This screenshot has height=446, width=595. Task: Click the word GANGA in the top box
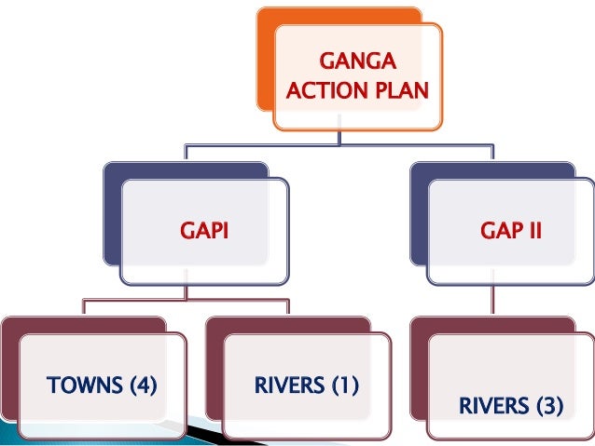(x=358, y=62)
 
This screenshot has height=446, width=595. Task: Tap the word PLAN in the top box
(x=393, y=93)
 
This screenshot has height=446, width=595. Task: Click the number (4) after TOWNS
(x=138, y=385)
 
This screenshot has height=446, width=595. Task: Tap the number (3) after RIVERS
(x=546, y=406)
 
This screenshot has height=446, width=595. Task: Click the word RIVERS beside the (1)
(x=287, y=385)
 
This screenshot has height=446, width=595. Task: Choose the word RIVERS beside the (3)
(x=491, y=406)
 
